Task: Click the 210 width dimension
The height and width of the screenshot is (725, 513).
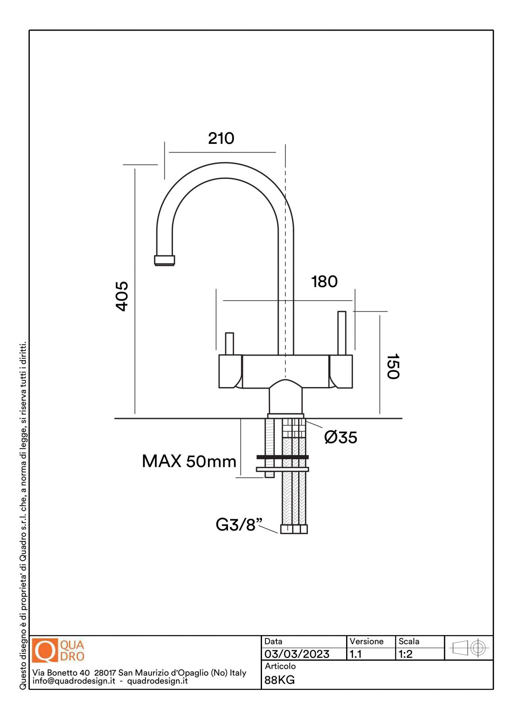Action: (x=221, y=139)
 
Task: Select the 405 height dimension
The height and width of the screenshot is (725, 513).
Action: (x=122, y=296)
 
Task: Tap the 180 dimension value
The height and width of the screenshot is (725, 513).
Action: (x=324, y=282)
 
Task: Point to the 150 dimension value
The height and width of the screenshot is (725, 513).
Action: (x=393, y=367)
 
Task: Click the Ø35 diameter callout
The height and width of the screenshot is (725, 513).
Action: (x=341, y=437)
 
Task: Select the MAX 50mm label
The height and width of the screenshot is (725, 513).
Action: (x=189, y=462)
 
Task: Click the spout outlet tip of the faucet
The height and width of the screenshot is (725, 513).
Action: (x=164, y=260)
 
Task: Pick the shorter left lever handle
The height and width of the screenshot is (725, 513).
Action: (x=229, y=343)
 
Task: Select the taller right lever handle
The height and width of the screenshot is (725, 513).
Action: (x=342, y=333)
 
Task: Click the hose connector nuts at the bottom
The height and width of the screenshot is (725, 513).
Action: (x=294, y=529)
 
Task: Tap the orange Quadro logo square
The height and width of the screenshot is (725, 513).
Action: (x=45, y=650)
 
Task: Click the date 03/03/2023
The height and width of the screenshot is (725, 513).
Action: (x=297, y=654)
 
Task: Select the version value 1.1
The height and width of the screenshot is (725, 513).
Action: (x=355, y=654)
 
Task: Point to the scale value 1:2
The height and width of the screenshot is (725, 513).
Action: (x=405, y=654)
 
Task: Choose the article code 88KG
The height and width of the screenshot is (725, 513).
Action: (x=280, y=680)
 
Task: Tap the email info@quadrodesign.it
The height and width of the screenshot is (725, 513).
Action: (x=74, y=681)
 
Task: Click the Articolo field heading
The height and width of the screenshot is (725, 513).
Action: (x=280, y=667)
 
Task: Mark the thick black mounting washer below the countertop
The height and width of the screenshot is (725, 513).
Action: (x=282, y=457)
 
